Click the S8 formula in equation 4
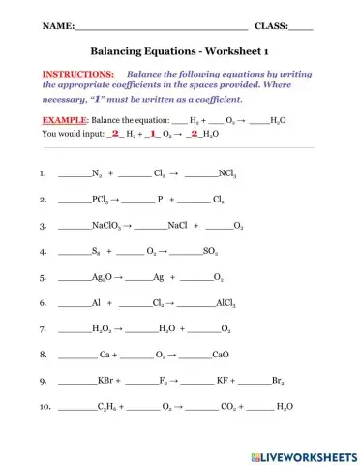[96, 252]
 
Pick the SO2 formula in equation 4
[213, 252]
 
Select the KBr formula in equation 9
[107, 383]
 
